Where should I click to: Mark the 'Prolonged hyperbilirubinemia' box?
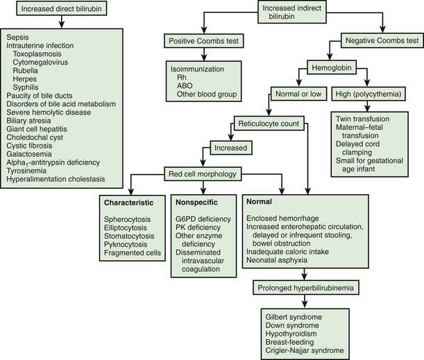[x=306, y=288]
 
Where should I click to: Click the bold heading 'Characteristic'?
[x=130, y=203]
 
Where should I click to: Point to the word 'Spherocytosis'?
[x=129, y=219]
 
